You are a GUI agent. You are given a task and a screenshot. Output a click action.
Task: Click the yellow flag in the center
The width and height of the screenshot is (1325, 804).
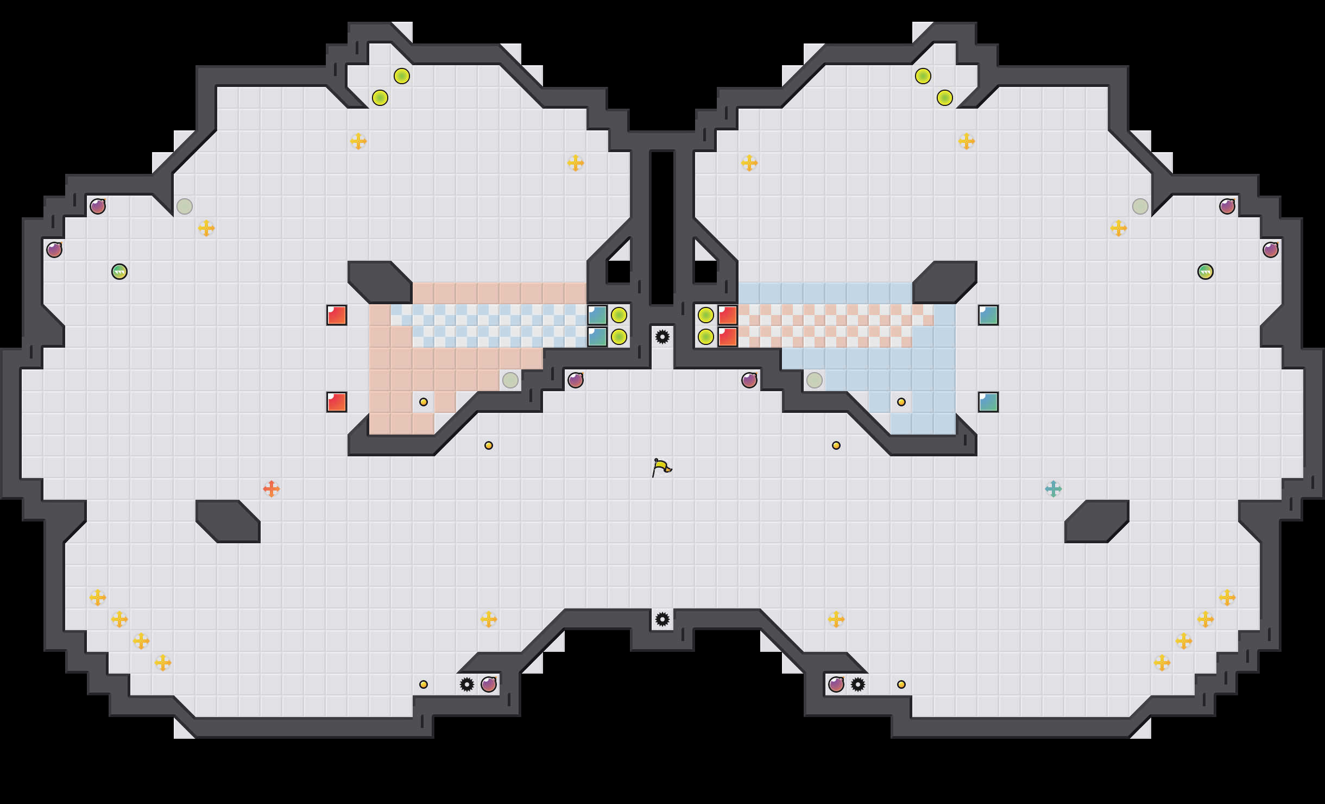[x=661, y=467]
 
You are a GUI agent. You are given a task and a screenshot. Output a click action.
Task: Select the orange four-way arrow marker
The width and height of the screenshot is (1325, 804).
[x=272, y=489]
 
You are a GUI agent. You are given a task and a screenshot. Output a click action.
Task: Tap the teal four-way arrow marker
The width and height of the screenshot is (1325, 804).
[x=1053, y=489]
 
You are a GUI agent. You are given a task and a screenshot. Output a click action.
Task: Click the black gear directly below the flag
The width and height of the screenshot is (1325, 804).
[x=662, y=619]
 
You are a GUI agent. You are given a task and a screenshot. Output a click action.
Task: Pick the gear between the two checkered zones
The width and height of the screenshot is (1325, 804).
[x=662, y=337]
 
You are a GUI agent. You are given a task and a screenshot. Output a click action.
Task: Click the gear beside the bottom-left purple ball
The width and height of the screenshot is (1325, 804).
[x=467, y=684]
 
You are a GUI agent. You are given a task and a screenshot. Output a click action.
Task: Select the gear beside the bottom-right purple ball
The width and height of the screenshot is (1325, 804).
[x=858, y=684]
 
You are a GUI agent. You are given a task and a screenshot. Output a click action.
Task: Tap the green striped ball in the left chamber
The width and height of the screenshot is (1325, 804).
[x=119, y=272]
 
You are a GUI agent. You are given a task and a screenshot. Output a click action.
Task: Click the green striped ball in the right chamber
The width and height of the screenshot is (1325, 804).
[x=1206, y=272]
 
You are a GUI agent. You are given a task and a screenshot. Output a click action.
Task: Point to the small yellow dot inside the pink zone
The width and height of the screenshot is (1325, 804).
[x=424, y=402]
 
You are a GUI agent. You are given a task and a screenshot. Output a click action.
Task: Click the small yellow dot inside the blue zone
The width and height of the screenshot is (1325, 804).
[x=901, y=402]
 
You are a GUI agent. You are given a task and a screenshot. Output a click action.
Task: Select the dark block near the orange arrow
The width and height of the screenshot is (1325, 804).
[x=228, y=522]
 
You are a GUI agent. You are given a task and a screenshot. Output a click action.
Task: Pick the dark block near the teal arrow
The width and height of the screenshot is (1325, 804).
[x=1097, y=522]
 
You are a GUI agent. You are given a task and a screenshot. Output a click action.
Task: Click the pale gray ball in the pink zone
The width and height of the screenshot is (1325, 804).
[x=510, y=380]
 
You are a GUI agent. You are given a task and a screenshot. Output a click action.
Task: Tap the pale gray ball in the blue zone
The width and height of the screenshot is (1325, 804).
[x=815, y=380]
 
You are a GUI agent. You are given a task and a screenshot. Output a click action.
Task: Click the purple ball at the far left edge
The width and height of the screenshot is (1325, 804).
[x=54, y=250]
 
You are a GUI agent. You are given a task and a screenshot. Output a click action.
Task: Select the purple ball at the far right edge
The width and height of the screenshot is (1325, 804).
[x=1271, y=250]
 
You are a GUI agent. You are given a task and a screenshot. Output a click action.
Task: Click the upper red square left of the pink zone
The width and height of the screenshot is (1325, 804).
[x=337, y=315]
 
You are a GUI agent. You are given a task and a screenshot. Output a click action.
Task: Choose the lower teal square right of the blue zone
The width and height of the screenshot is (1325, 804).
[x=988, y=402]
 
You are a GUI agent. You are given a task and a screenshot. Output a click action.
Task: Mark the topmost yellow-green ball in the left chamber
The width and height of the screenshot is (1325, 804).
[x=402, y=76]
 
